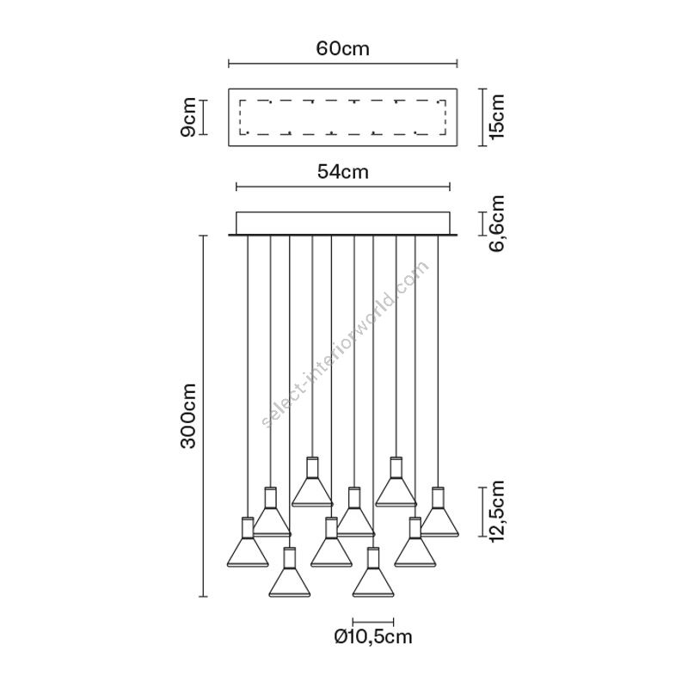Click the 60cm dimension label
tap(342, 48)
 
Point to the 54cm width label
tap(342, 171)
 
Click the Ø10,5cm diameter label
tap(373, 637)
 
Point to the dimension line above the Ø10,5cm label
tap(373, 621)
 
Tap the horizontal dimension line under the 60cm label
tap(342, 63)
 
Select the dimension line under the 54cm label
tap(342, 186)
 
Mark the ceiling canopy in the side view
tap(342, 222)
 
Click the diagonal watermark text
tap(344, 344)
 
